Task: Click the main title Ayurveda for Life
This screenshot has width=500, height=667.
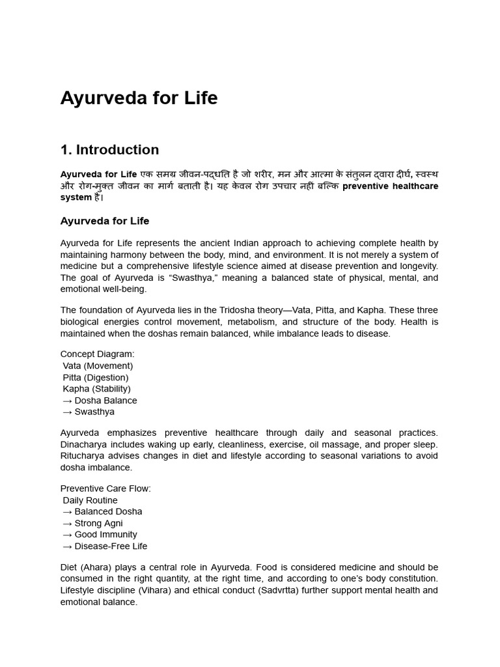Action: coord(139,98)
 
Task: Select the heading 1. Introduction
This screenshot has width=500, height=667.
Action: coord(109,150)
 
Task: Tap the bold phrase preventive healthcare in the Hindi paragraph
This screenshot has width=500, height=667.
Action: coord(390,186)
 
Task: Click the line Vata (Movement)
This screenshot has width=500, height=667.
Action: coord(98,366)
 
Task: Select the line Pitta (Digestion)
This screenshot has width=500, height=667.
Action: coord(96,378)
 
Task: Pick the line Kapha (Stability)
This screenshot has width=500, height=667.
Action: coord(97,389)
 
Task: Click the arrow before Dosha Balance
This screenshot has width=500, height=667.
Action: coord(66,401)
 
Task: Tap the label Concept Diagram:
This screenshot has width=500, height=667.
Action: coord(98,354)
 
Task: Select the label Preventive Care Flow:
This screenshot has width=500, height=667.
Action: coord(105,489)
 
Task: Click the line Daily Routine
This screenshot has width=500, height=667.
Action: coord(90,500)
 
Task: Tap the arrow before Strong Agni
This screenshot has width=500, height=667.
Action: coord(66,523)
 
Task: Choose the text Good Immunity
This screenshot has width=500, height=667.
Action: coord(106,535)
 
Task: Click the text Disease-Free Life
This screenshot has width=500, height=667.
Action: coord(111,546)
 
